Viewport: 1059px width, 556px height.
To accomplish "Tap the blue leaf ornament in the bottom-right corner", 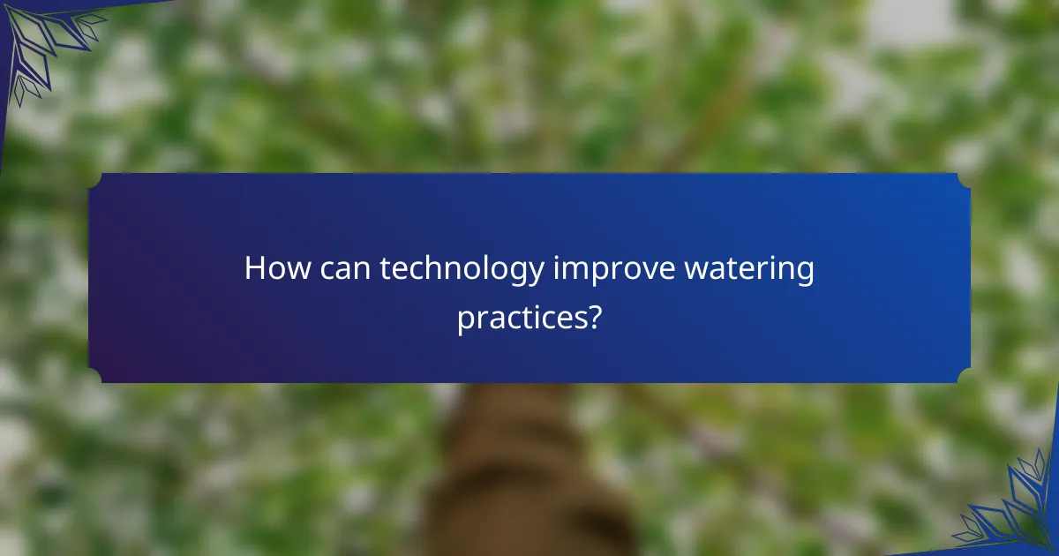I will (1010, 512).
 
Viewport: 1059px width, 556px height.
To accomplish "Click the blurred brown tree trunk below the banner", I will (521, 477).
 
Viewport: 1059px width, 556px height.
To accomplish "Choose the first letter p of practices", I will (465, 319).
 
